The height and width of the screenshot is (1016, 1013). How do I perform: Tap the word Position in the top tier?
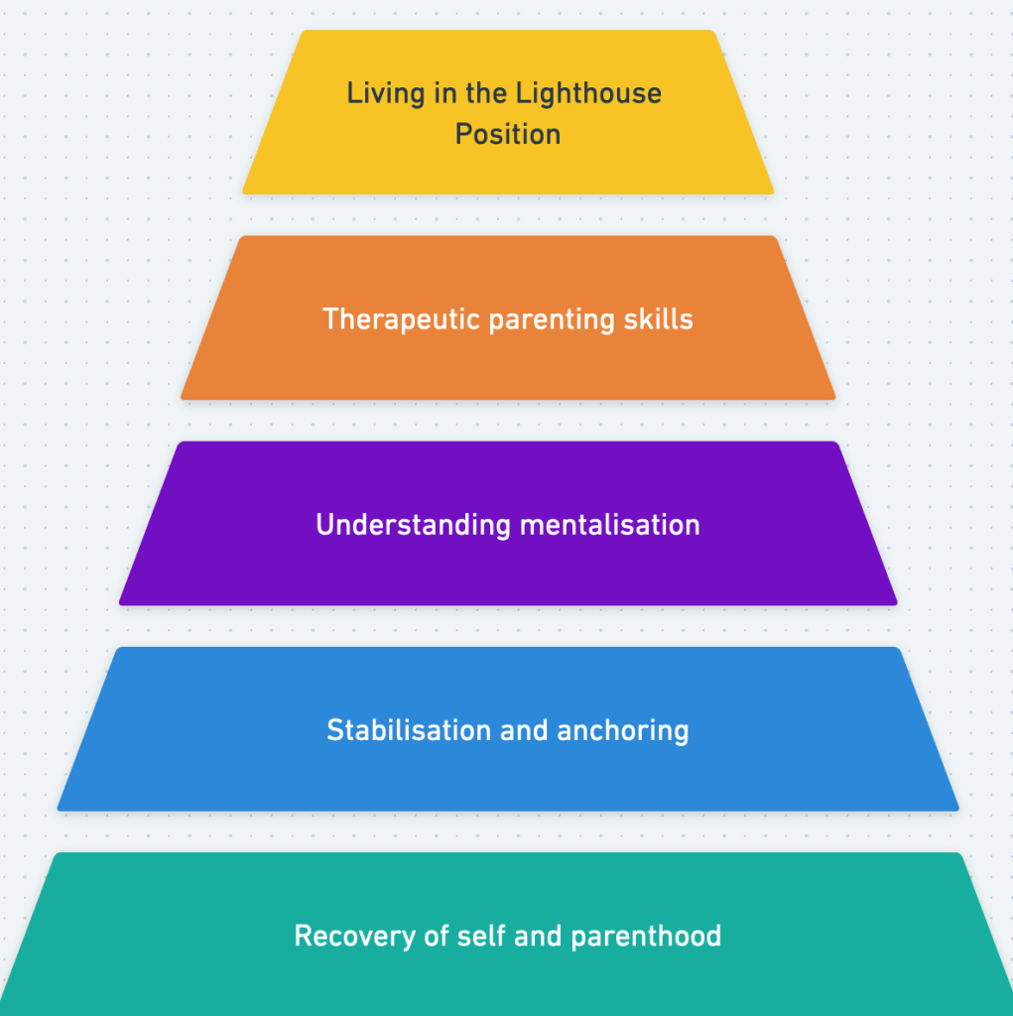pyautogui.click(x=508, y=134)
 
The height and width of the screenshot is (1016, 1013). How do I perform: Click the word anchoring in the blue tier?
pyautogui.click(x=623, y=731)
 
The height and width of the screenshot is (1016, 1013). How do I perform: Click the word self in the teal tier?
pyautogui.click(x=481, y=936)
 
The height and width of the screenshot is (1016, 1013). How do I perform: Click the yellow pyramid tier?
pyautogui.click(x=508, y=169)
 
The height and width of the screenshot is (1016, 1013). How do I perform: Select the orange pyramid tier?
pyautogui.click(x=508, y=367)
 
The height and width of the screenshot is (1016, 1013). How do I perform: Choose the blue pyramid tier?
pyautogui.click(x=508, y=779)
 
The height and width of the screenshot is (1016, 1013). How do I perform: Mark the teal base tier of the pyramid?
pyautogui.click(x=508, y=982)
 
